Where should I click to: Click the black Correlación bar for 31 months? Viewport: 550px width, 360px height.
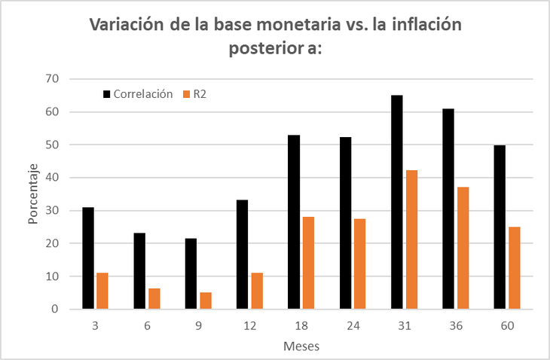pos(397,202)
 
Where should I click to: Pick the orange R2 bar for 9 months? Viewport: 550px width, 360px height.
pos(206,301)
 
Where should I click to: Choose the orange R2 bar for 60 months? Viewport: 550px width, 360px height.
pos(515,268)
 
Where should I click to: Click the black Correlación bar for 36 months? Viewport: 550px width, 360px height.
pos(448,209)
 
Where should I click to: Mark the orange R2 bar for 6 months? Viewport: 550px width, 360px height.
pos(154,298)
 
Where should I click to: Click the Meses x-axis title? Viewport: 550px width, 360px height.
pos(301,346)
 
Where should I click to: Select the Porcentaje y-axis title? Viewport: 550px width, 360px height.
pos(34,194)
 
